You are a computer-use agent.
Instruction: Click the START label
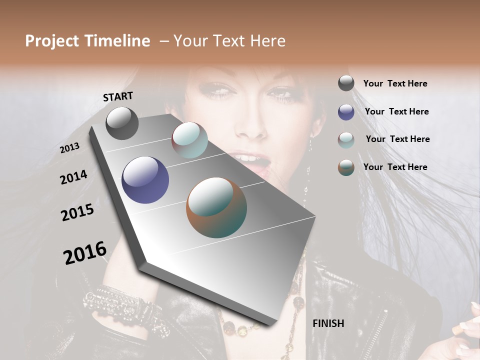(x=118, y=96)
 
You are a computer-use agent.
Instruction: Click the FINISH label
(x=328, y=323)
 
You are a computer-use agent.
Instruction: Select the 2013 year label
(x=70, y=147)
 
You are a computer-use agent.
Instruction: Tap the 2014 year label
(x=73, y=177)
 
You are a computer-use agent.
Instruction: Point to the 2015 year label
(x=77, y=212)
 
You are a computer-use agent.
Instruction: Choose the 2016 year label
(x=85, y=252)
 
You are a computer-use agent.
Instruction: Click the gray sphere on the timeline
(x=122, y=123)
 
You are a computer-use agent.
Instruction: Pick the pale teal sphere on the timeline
(x=189, y=140)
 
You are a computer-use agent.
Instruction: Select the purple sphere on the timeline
(x=145, y=180)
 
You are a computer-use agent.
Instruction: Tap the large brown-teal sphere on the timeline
(x=216, y=207)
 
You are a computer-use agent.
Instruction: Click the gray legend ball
(x=346, y=83)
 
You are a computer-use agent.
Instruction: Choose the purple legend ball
(x=346, y=112)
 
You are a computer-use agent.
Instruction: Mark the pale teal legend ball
(x=346, y=140)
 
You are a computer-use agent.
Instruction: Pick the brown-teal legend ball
(x=346, y=167)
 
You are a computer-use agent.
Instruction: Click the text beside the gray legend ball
(x=395, y=83)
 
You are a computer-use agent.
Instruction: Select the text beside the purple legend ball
(x=396, y=111)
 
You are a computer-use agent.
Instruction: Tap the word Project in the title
(x=52, y=41)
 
